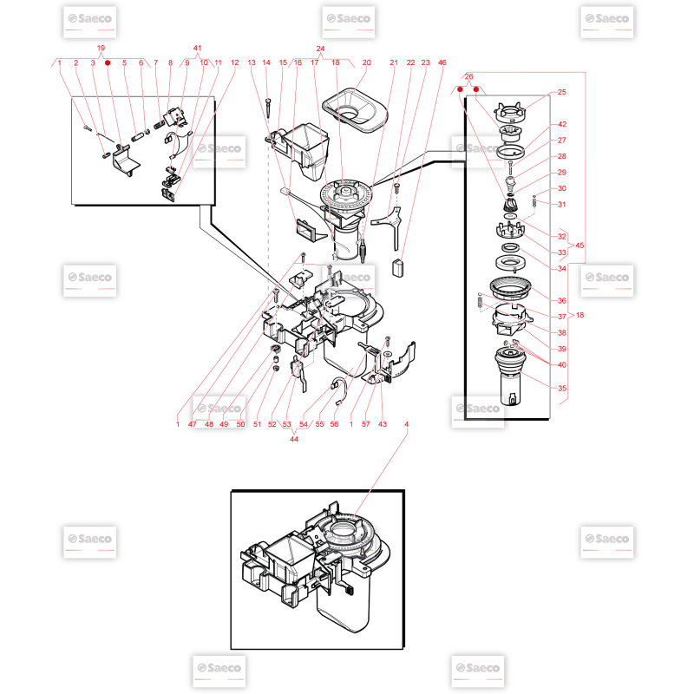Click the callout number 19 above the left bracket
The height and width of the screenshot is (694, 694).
tap(101, 48)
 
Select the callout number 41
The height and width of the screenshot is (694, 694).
tap(198, 48)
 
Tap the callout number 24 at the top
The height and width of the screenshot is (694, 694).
tap(320, 49)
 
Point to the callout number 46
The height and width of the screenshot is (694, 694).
tap(442, 62)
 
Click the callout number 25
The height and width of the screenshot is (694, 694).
tap(562, 92)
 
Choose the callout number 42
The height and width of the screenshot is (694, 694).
tap(562, 124)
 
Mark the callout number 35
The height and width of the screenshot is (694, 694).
tap(562, 388)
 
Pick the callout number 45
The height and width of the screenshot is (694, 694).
tap(579, 246)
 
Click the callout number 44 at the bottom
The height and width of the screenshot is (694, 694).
tap(294, 439)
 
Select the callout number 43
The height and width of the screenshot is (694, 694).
tap(383, 424)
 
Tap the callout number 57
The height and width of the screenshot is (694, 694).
tap(365, 424)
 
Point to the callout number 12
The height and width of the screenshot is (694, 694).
tap(234, 62)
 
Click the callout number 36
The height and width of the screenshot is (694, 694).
tap(562, 300)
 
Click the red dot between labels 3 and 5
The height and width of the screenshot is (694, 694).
tap(108, 62)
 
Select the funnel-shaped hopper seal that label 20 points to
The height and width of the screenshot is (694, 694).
tap(354, 111)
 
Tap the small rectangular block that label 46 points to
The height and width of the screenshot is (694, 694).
tap(398, 268)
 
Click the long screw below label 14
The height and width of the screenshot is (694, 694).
tap(268, 108)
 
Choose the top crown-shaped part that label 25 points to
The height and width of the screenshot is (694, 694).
tap(510, 113)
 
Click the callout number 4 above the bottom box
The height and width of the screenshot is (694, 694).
tap(406, 424)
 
